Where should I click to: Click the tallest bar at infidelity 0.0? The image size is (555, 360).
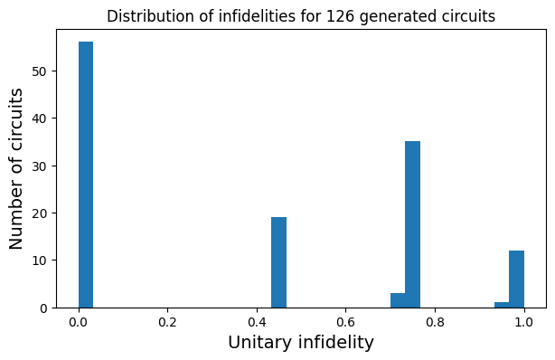[86, 175]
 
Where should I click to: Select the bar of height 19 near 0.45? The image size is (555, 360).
[278, 262]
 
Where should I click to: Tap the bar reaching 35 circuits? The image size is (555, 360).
[412, 224]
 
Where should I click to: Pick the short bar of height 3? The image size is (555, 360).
[398, 300]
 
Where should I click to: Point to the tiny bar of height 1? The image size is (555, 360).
[502, 305]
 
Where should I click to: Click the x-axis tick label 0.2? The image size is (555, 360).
[167, 321]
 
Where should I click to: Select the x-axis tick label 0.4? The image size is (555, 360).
[257, 321]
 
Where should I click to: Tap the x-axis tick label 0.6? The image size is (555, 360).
[345, 321]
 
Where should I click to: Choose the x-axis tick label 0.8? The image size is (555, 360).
[435, 321]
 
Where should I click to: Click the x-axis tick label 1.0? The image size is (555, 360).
[523, 321]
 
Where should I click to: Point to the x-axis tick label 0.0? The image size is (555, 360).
[79, 321]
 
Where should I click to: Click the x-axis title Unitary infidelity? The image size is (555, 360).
[300, 343]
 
